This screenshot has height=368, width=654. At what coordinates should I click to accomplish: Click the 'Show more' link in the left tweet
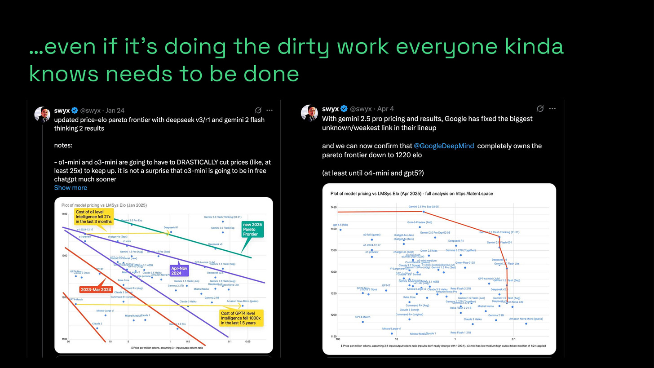(x=71, y=187)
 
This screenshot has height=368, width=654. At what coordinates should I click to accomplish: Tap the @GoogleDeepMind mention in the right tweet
(x=444, y=146)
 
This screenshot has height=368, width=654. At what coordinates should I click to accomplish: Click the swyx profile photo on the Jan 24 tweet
(x=42, y=115)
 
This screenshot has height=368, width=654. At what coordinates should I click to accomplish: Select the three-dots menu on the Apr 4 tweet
(x=552, y=108)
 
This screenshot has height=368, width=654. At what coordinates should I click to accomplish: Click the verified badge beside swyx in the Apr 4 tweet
(x=344, y=109)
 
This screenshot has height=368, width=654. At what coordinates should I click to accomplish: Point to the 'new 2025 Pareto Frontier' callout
(x=252, y=229)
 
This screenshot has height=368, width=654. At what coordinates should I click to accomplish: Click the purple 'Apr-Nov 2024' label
(x=179, y=270)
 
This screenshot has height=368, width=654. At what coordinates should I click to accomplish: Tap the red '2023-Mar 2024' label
(x=96, y=290)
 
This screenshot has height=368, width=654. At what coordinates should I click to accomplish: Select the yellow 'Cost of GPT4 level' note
(x=241, y=318)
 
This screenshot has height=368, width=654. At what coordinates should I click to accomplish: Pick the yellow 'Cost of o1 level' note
(x=94, y=217)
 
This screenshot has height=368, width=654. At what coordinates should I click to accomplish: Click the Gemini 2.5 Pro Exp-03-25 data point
(x=423, y=212)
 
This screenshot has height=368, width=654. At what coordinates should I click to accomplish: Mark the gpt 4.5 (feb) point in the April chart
(x=340, y=230)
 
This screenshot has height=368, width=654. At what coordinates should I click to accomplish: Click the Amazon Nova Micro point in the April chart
(x=526, y=324)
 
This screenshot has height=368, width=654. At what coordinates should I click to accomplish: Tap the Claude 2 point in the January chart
(x=97, y=328)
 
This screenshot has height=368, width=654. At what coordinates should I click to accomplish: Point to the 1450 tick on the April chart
(x=333, y=208)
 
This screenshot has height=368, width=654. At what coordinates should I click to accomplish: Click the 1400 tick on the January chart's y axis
(x=64, y=214)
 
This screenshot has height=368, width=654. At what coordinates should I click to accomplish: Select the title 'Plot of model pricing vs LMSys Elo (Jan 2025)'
(x=104, y=205)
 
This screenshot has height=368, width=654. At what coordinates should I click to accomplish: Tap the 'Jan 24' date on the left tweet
(x=115, y=111)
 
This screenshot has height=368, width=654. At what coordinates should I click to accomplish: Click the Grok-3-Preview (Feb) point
(x=420, y=227)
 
